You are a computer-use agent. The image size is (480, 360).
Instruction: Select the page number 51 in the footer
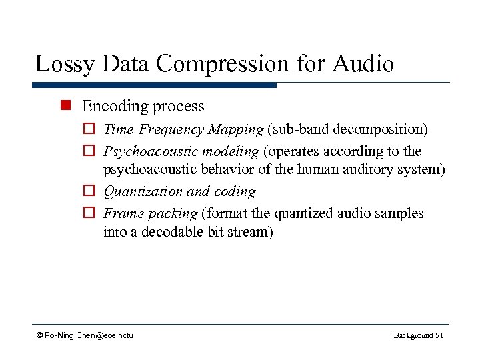(x=439, y=335)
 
